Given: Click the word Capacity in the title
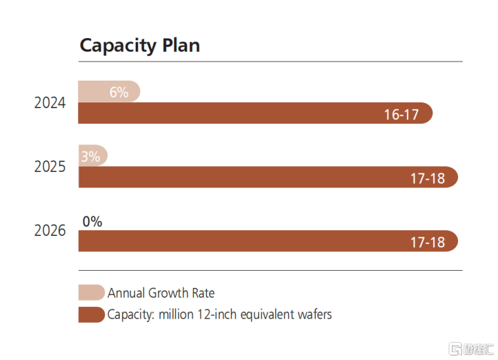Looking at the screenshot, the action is pyautogui.click(x=118, y=46).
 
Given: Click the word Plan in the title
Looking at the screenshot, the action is pyautogui.click(x=181, y=45).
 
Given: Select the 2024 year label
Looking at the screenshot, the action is pyautogui.click(x=50, y=103).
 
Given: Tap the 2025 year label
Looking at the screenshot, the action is pyautogui.click(x=50, y=167).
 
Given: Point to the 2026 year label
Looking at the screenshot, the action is pyautogui.click(x=50, y=230).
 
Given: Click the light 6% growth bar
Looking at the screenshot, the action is pyautogui.click(x=109, y=92).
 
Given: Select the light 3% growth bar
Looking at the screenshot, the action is pyautogui.click(x=93, y=155).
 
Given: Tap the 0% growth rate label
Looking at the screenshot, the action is pyautogui.click(x=92, y=222).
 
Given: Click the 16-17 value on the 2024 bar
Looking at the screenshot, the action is pyautogui.click(x=402, y=115).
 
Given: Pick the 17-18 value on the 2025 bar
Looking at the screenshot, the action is pyautogui.click(x=427, y=178).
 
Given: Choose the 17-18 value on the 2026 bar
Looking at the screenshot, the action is pyautogui.click(x=427, y=243).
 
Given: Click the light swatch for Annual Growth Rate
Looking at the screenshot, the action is pyautogui.click(x=92, y=292).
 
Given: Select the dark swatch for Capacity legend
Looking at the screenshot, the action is pyautogui.click(x=92, y=315).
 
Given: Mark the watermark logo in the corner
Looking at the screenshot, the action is pyautogui.click(x=471, y=349).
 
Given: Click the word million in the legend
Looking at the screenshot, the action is pyautogui.click(x=176, y=315).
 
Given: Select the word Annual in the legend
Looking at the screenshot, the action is pyautogui.click(x=126, y=293).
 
